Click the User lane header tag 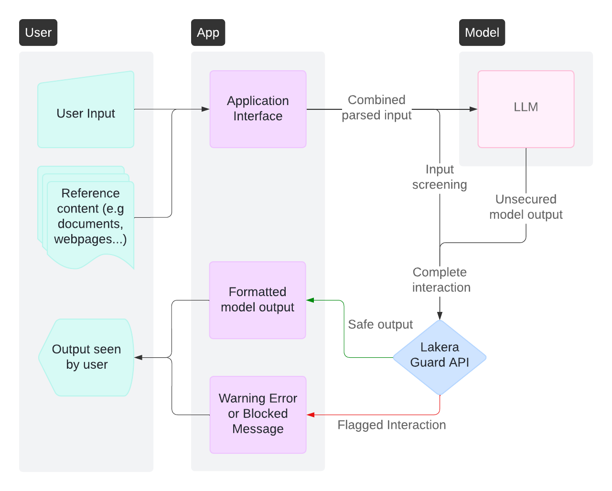(x=38, y=32)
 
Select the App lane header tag (x=208, y=32)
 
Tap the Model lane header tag (x=482, y=32)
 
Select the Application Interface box (x=258, y=109)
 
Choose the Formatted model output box (x=258, y=300)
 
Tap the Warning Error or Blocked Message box (x=258, y=414)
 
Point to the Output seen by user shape (x=86, y=357)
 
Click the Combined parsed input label (x=376, y=107)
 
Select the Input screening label (x=440, y=177)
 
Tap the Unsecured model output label (x=526, y=207)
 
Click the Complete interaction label (x=440, y=280)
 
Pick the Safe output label (x=380, y=324)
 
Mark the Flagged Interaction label (x=391, y=425)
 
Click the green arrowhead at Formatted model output (x=310, y=300)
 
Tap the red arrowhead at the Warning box (x=311, y=415)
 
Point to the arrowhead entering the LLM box (x=473, y=109)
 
